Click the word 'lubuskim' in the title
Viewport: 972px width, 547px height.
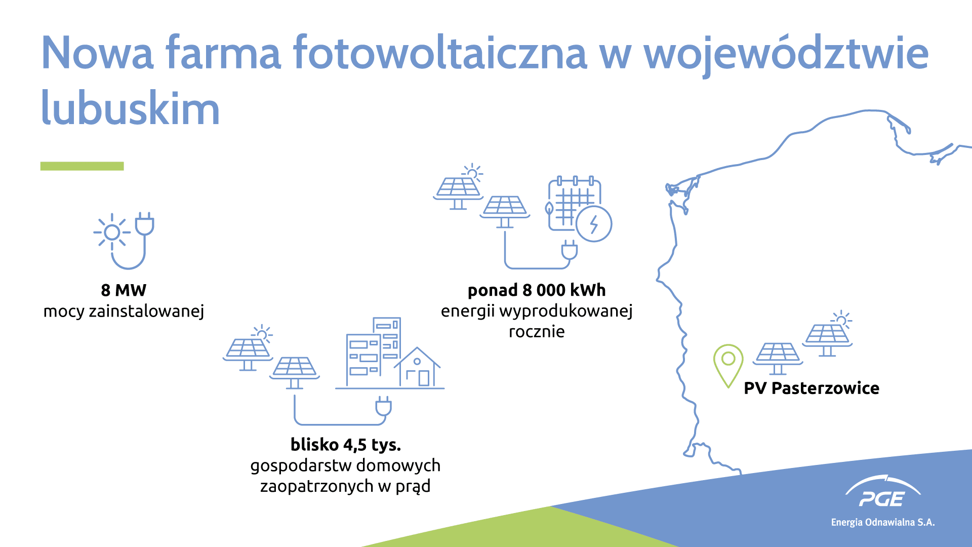(130, 107)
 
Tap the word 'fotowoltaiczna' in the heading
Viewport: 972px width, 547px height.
(439, 52)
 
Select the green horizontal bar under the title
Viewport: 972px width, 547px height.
(82, 166)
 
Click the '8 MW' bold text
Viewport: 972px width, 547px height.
(124, 290)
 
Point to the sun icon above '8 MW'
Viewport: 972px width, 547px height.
(112, 232)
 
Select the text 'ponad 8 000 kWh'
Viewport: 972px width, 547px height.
(537, 290)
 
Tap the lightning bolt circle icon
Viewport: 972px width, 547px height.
(594, 223)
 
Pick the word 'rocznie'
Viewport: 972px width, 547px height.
(537, 332)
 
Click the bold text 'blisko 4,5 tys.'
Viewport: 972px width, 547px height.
(346, 445)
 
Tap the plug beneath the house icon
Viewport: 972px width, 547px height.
(383, 406)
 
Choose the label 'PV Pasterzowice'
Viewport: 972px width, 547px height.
(812, 388)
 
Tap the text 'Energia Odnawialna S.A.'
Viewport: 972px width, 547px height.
(883, 522)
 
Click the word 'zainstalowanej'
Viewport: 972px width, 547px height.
(146, 311)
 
